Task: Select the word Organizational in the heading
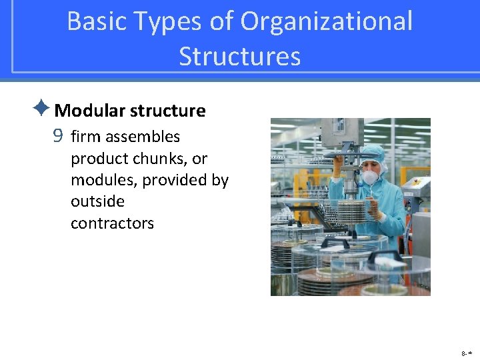tap(327, 21)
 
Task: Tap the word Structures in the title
tap(239, 56)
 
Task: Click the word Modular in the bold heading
tap(90, 111)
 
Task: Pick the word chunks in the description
tap(159, 159)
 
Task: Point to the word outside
tap(97, 201)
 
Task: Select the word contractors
tap(112, 223)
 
